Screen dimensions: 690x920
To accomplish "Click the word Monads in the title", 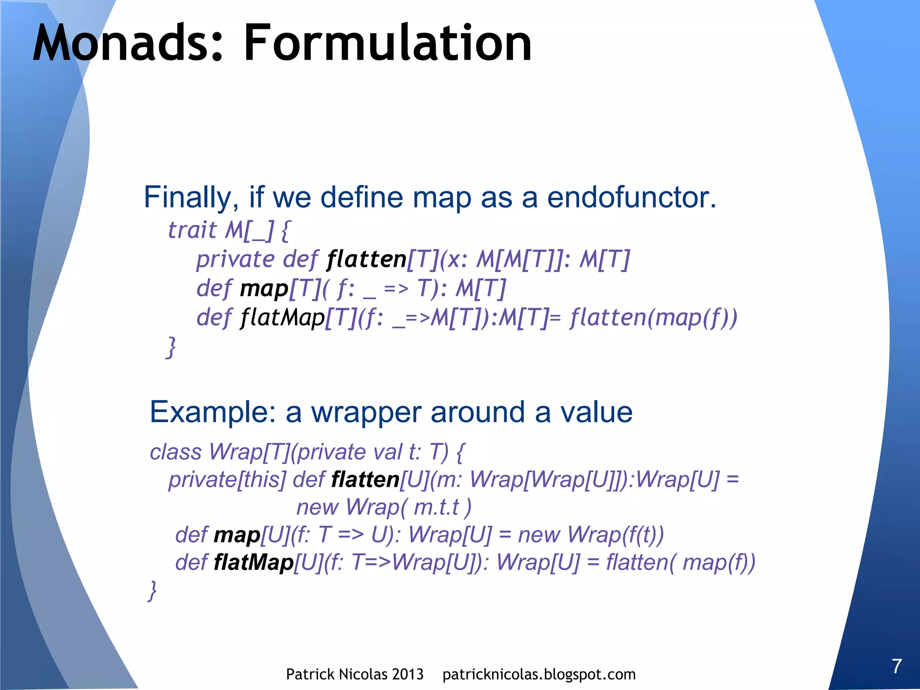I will coord(127,44).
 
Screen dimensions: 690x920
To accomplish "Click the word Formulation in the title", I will coord(387,44).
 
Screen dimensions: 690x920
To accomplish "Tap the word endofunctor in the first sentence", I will coord(631,198).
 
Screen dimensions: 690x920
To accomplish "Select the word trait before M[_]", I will coord(192,230).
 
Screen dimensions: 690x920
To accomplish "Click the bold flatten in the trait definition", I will coord(367,259).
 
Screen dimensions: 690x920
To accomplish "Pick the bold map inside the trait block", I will coord(264,288).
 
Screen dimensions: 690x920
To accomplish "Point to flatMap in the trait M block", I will coord(283,318).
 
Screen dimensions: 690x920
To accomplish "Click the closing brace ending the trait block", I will coord(171,347).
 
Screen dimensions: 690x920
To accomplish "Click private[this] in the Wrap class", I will coord(227,480).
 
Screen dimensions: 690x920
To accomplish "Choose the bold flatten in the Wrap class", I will coord(365,480).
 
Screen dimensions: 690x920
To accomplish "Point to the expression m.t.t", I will coord(436,508).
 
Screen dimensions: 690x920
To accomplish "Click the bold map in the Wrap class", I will coord(237,535).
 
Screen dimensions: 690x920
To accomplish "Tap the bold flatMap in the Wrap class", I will coord(253,562).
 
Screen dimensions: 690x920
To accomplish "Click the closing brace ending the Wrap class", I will coord(153,590).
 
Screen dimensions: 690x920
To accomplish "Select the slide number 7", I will coord(897,666).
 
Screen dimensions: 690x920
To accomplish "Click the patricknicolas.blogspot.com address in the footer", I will coord(539,674).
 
